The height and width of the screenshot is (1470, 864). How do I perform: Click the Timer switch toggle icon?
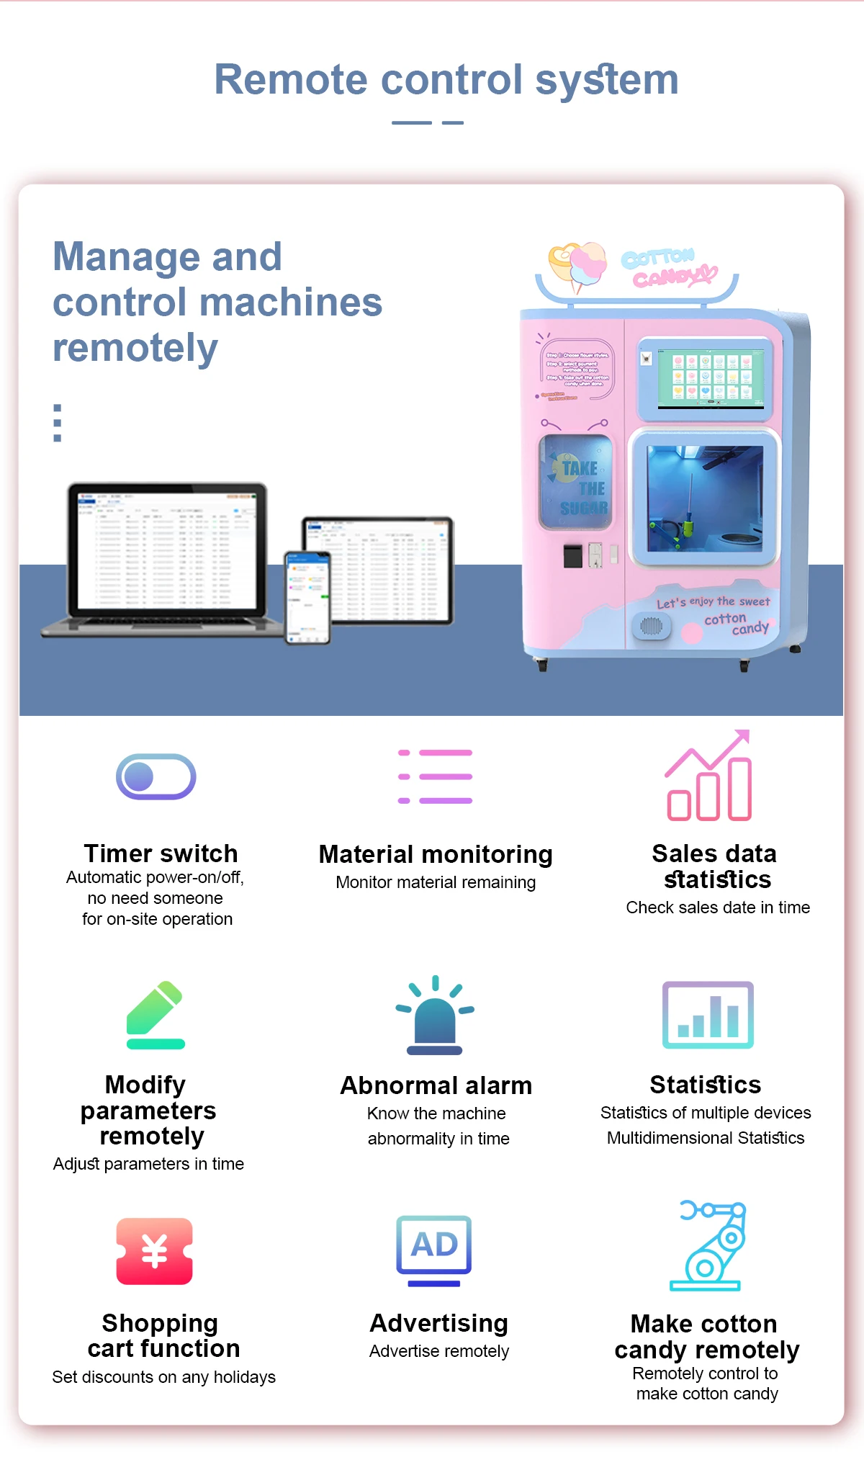[156, 776]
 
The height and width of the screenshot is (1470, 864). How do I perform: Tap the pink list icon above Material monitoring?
[436, 776]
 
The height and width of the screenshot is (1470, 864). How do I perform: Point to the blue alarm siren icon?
[435, 1016]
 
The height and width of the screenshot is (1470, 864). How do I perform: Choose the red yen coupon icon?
[155, 1251]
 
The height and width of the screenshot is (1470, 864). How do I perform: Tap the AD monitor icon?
[434, 1250]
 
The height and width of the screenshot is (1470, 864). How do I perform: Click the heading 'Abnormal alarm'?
[436, 1085]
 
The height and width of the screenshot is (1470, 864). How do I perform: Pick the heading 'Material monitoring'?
[436, 854]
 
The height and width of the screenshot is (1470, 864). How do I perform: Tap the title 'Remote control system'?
[446, 79]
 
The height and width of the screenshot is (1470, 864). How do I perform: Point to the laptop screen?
[167, 550]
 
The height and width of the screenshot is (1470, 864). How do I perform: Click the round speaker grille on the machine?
[651, 626]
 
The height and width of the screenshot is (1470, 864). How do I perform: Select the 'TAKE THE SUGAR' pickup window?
[577, 482]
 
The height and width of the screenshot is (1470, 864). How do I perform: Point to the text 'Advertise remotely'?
[439, 1351]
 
